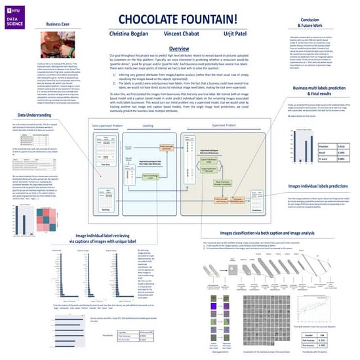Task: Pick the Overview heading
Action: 180,50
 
